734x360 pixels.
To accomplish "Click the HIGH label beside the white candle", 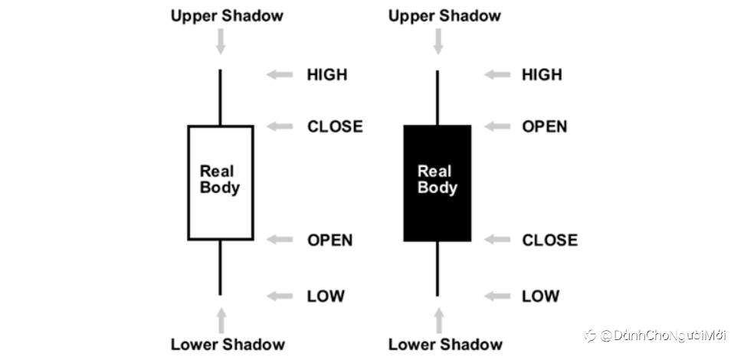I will click(x=326, y=74).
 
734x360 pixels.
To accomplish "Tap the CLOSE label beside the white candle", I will click(x=335, y=126).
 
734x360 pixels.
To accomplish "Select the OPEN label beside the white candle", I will click(x=330, y=240).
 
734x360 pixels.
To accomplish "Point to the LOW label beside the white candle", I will click(x=326, y=296).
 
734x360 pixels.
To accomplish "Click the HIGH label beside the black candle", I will click(x=542, y=74).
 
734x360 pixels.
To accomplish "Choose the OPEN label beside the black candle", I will click(x=545, y=126).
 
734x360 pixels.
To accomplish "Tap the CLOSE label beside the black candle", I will click(x=549, y=240).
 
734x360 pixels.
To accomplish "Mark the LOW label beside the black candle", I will click(x=541, y=296).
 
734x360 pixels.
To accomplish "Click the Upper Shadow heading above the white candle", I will click(x=227, y=15).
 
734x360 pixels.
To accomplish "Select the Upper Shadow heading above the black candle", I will click(x=444, y=15).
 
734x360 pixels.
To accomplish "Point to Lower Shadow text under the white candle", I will click(x=228, y=344).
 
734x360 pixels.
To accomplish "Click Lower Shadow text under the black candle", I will click(x=444, y=344).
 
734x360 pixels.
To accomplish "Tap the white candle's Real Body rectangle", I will click(x=221, y=182).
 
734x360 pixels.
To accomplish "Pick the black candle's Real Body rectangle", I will click(x=437, y=182).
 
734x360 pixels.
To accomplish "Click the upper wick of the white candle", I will click(x=221, y=97).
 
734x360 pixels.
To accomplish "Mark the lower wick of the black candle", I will click(x=437, y=267).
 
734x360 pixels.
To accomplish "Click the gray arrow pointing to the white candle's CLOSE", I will click(x=280, y=126).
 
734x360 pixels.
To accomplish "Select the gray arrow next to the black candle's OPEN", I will click(x=498, y=126).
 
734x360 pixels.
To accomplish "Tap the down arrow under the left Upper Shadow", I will click(x=221, y=41).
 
